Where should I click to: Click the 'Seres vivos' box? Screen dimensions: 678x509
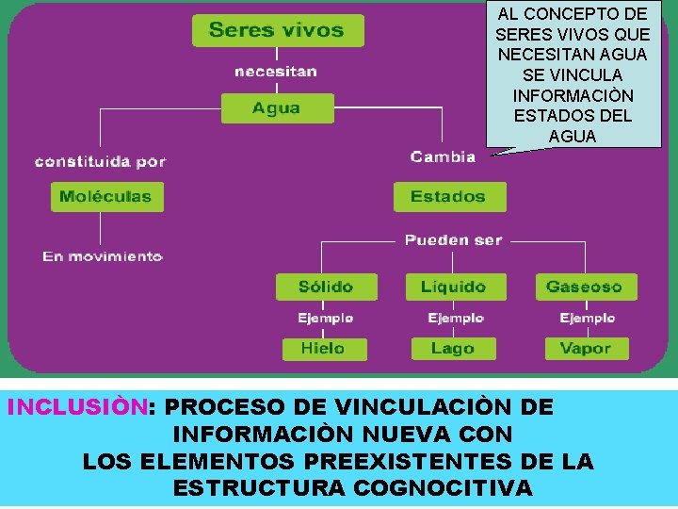point(276,30)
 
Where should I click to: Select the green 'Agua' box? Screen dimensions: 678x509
point(277,108)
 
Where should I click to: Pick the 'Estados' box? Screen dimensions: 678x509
point(448,197)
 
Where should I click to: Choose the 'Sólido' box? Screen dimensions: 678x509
point(326,287)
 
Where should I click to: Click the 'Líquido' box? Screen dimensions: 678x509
point(453,287)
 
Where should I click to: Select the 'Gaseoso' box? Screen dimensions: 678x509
point(585,287)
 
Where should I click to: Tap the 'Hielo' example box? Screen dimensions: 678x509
point(323,349)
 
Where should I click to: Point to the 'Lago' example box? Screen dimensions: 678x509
point(452,349)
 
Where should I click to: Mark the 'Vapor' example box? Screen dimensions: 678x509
point(585,349)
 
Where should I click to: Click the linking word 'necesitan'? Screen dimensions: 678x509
point(276,72)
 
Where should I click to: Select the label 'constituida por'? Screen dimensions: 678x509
point(101,161)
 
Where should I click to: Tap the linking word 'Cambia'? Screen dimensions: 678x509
point(444,157)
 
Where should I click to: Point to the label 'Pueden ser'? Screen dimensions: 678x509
point(454,240)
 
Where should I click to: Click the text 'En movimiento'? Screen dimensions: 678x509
point(103,256)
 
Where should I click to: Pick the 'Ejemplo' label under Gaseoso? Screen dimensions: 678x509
point(588,319)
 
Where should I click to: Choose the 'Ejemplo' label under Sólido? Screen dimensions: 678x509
point(326,319)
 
